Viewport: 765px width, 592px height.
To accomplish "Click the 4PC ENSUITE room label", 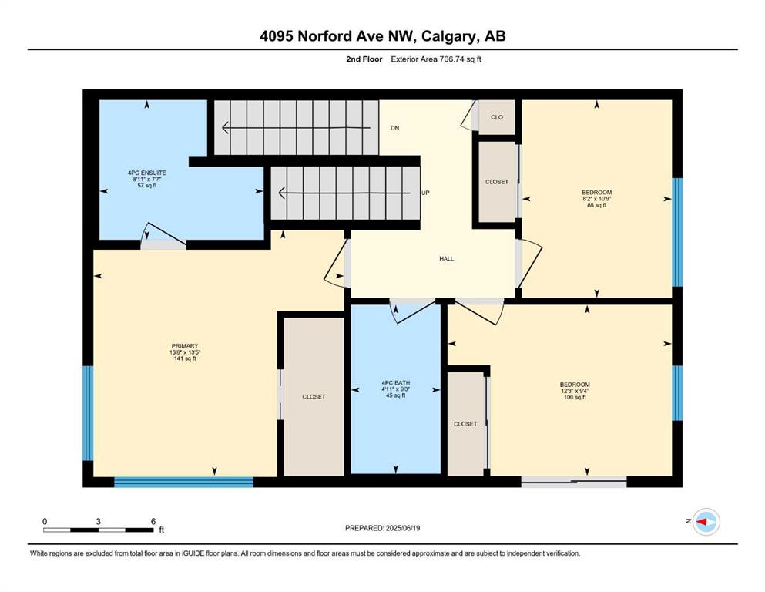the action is click(x=147, y=173).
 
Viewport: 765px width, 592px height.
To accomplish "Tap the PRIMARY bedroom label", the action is click(x=185, y=346).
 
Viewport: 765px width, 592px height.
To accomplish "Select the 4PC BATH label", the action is click(x=396, y=383).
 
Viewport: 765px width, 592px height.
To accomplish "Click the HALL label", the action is click(x=446, y=259).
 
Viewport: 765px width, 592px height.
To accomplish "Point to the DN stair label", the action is click(x=395, y=128).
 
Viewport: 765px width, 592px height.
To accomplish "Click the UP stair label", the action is click(x=425, y=193).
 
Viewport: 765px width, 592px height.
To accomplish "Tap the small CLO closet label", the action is click(x=497, y=117).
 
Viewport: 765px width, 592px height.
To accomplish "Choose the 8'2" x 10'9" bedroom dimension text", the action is click(x=597, y=199).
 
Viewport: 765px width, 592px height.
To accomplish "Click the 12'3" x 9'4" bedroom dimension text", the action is click(x=575, y=391).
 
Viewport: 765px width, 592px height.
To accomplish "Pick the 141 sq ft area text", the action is click(x=185, y=358).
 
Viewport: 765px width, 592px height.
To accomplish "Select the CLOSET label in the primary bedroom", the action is click(x=314, y=397).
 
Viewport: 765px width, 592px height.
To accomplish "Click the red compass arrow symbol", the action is click(x=703, y=522).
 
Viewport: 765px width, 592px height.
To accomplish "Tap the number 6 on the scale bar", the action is click(x=153, y=521).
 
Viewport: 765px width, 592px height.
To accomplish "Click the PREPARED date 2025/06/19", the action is click(x=403, y=528).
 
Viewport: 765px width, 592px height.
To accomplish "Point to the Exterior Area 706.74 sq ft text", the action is click(x=436, y=59).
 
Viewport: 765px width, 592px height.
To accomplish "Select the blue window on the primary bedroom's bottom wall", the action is click(x=184, y=483).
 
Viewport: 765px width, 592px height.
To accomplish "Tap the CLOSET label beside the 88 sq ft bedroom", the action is click(x=497, y=182).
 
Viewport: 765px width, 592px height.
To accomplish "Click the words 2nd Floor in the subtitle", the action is click(x=364, y=59).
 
